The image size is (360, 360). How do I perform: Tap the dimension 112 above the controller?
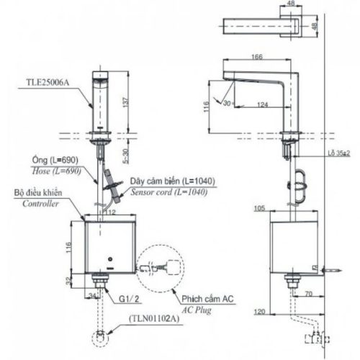[111, 212]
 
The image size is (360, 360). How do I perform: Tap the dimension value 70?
[306, 294]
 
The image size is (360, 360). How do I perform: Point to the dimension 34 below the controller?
[91, 295]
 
